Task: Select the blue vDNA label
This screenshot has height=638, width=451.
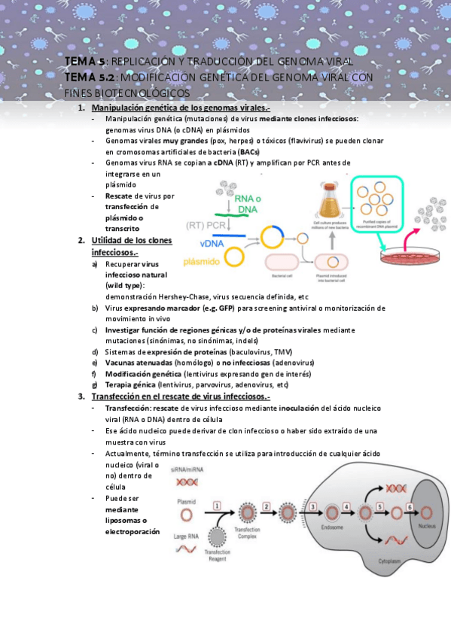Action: [x=213, y=243]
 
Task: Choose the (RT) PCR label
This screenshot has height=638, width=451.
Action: [x=206, y=224]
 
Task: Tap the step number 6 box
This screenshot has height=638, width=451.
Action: [x=409, y=506]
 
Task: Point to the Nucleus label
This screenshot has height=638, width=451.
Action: [x=427, y=526]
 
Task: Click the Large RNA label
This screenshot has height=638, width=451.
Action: [x=187, y=536]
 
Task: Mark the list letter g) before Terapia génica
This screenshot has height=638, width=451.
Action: [x=95, y=384]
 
